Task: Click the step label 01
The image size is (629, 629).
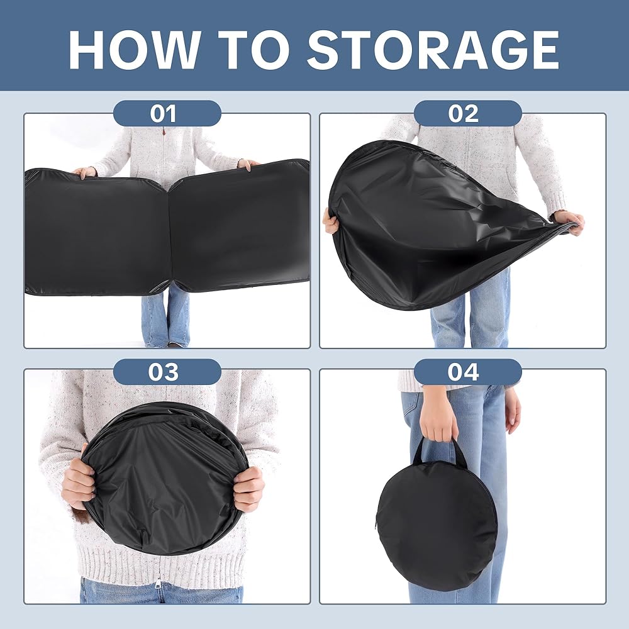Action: click(x=164, y=113)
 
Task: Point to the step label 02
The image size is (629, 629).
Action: click(x=464, y=113)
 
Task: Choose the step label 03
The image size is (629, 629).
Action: click(x=164, y=372)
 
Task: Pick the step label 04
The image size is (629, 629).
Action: click(x=464, y=372)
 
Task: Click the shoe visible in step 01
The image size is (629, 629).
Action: click(x=175, y=344)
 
